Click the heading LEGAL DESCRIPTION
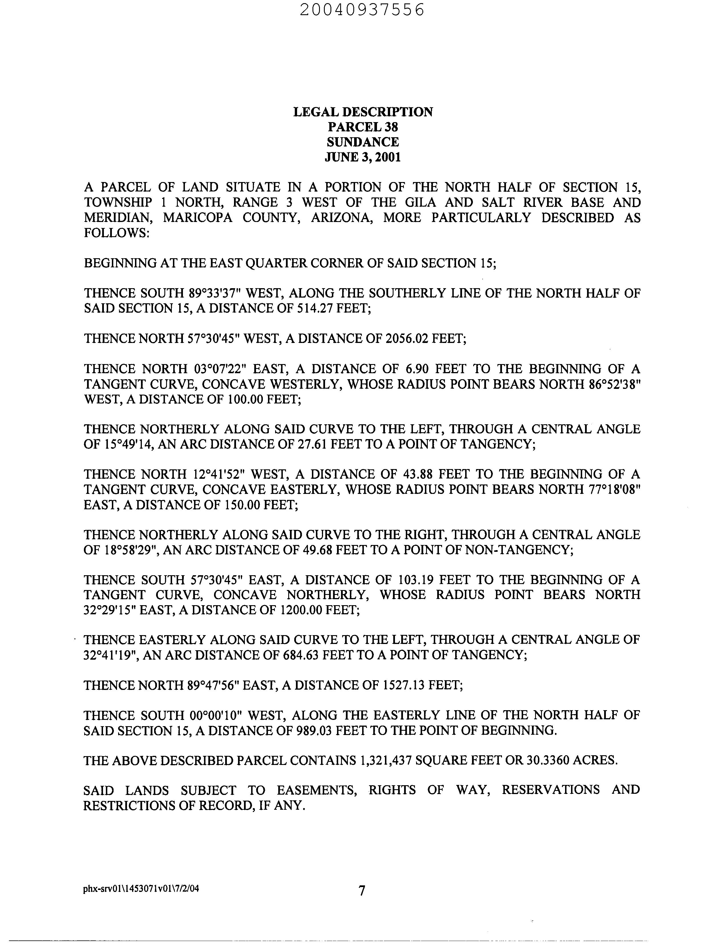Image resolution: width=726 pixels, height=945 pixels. [x=363, y=112]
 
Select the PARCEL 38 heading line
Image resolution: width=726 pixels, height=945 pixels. [x=363, y=127]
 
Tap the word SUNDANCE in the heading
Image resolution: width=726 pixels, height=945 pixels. [x=363, y=142]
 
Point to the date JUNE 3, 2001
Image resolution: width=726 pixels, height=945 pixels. [x=363, y=157]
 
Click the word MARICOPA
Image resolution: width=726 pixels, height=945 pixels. [x=197, y=217]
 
